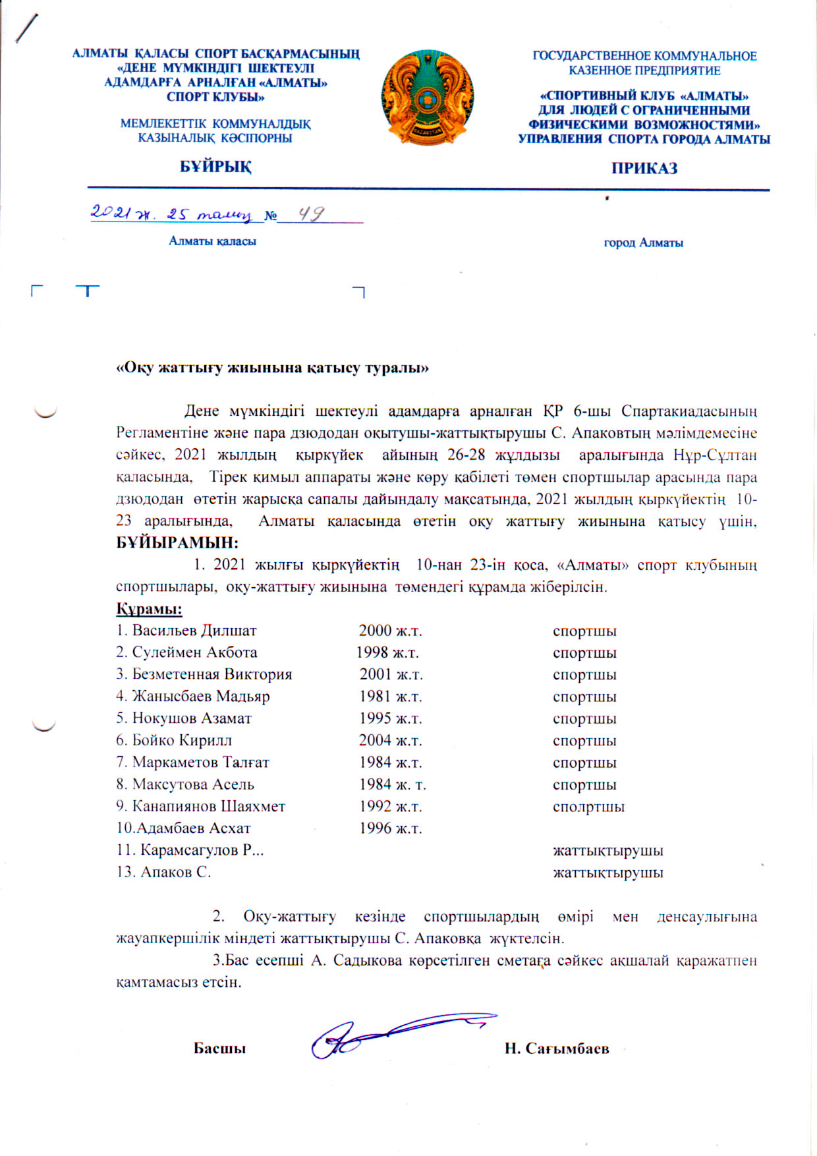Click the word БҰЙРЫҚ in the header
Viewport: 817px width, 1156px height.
pos(215,167)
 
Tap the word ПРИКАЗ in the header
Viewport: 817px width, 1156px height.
pos(644,168)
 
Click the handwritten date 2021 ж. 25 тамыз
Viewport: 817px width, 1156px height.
pos(171,214)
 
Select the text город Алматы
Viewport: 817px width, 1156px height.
pos(643,243)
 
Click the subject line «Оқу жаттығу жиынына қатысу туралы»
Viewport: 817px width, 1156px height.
pos(272,368)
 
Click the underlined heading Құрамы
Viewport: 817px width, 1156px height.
pos(149,608)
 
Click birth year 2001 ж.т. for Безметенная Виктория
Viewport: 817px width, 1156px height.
pos(391,674)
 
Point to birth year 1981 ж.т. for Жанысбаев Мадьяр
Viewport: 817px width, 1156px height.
pos(390,697)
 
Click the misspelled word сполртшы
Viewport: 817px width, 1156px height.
pos(588,807)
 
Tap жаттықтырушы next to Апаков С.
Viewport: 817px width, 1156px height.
pos(607,873)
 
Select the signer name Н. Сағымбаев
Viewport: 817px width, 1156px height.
pos(557,1049)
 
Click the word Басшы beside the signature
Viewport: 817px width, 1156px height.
pos(219,1049)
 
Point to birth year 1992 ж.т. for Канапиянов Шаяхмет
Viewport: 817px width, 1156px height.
pos(390,807)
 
